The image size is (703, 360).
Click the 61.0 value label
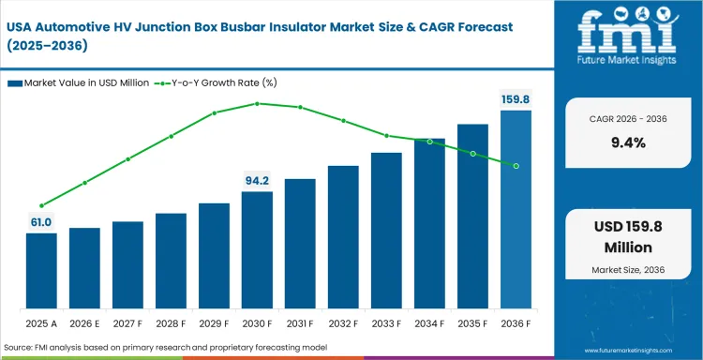click(x=41, y=221)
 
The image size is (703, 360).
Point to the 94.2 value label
click(x=257, y=180)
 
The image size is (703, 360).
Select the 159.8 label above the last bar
click(x=516, y=98)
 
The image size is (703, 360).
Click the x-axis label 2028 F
click(x=171, y=323)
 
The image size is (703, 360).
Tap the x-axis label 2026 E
click(x=84, y=323)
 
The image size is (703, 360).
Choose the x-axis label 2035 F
click(x=472, y=323)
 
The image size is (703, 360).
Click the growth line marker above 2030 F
click(x=257, y=103)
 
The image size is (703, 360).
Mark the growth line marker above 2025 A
click(x=41, y=205)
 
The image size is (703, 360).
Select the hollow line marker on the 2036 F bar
click(x=516, y=166)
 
